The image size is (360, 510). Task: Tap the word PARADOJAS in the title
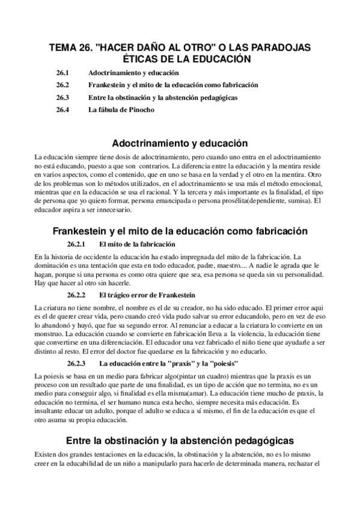coord(278,48)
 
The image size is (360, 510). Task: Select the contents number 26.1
coord(63,73)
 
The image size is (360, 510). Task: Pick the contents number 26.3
coord(63,97)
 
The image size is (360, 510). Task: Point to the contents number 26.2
coord(63,85)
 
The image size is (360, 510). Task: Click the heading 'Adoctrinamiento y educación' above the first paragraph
coord(180,144)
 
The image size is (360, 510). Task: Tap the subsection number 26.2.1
coord(76,244)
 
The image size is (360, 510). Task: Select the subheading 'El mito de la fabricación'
coord(138,244)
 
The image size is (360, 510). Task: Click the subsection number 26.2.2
coord(76,295)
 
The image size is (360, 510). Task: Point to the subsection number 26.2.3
coord(76,363)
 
